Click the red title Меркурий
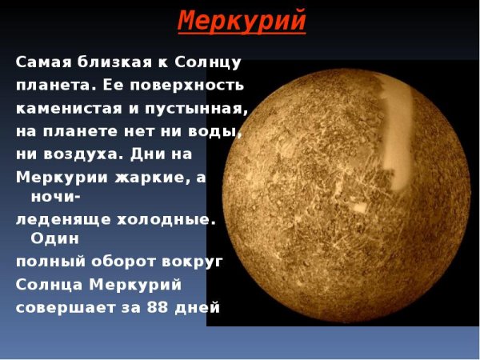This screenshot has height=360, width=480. click(242, 20)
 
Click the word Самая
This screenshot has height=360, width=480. click(42, 62)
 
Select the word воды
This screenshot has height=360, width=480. click(216, 129)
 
